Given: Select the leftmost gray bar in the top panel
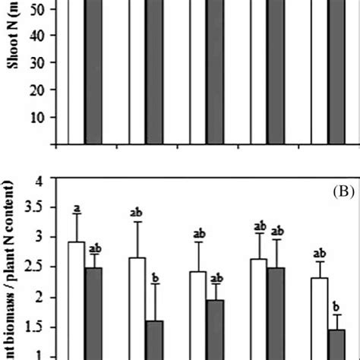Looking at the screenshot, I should [x=93, y=72].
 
